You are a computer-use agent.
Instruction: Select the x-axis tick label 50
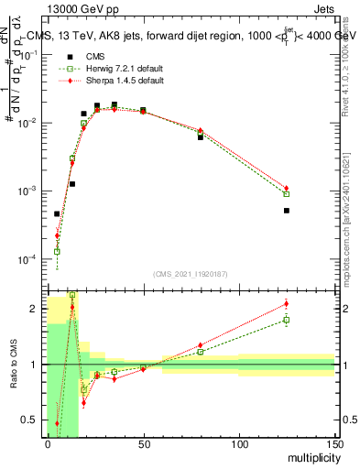143,444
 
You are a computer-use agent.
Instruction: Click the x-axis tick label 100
239,444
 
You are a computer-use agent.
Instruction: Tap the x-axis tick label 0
48,444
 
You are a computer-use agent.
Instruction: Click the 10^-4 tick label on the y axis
29,260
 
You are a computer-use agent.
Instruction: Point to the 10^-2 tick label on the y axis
29,123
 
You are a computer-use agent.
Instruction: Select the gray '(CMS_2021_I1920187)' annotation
190,274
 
